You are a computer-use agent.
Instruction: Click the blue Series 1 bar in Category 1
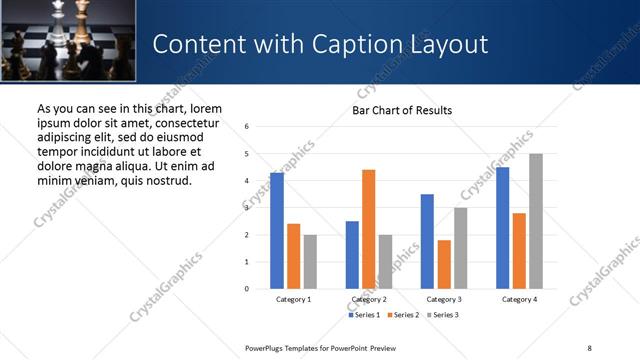tap(277, 231)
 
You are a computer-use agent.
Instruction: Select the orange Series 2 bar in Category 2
tap(369, 229)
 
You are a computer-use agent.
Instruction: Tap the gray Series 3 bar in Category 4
tap(536, 221)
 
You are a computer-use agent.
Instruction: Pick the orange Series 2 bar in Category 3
tap(444, 264)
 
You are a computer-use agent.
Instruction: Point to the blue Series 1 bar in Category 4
tap(503, 228)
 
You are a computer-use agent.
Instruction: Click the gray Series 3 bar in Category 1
tap(310, 262)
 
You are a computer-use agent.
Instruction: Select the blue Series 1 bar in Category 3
tap(427, 241)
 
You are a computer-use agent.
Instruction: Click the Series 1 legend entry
tap(364, 315)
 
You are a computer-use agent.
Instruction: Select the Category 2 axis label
tap(369, 299)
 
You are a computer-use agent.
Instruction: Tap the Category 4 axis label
tap(519, 299)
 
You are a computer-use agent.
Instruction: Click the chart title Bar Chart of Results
tap(402, 110)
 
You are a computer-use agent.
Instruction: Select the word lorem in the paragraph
tap(206, 109)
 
